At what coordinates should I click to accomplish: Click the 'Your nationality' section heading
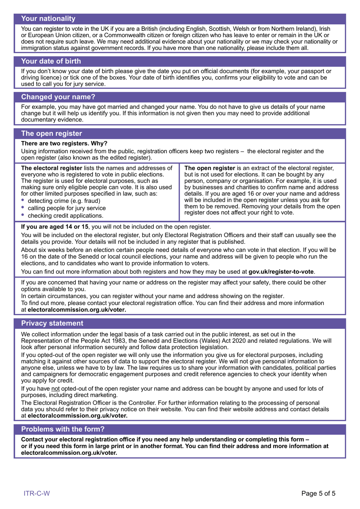coord(48,19)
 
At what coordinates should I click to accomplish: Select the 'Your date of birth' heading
coord(51,61)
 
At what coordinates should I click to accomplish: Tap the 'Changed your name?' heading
coord(58,97)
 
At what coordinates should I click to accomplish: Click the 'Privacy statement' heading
coord(52,324)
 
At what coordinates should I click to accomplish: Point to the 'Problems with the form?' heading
coord(63,429)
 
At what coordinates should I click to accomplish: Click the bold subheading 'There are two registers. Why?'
coord(64,143)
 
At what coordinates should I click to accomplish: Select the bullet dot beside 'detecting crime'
coord(23,200)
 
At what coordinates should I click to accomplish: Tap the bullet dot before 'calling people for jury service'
coord(23,207)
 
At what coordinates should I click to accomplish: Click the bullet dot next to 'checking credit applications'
coord(23,215)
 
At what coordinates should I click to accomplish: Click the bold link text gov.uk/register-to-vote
coord(281,272)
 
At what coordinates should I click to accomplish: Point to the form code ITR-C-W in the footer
coord(37,493)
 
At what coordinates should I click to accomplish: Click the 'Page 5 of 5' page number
coord(318,493)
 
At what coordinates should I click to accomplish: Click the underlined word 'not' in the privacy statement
coord(55,389)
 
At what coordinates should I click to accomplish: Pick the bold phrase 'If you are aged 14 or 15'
coord(55,227)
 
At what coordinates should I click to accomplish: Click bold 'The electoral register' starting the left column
coord(52,168)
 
